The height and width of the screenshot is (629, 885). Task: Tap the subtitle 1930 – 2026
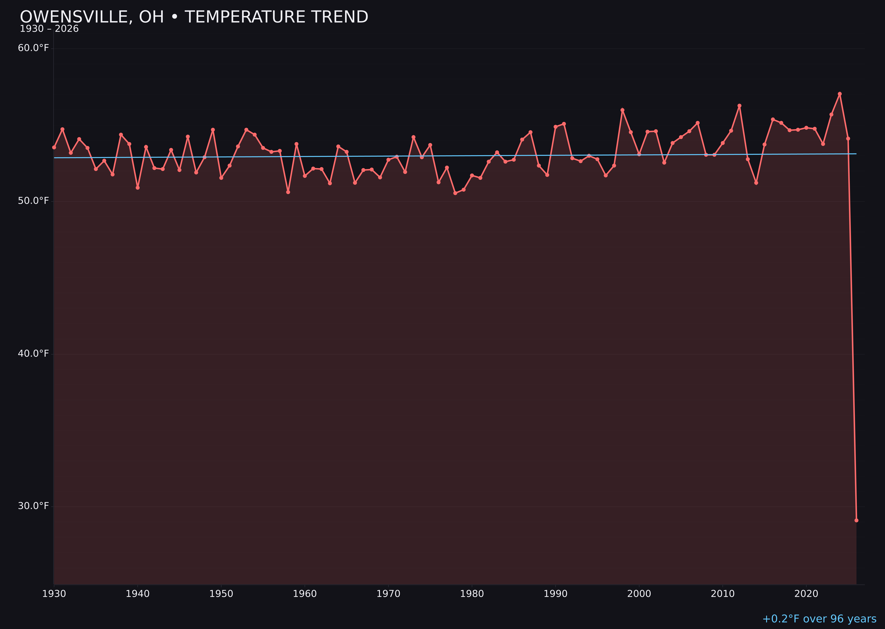49,29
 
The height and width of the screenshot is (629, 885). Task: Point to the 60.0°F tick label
33,48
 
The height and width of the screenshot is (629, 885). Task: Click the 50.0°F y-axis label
33,201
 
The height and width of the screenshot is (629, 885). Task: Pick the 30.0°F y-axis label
33,506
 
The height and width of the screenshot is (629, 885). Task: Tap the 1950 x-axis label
221,594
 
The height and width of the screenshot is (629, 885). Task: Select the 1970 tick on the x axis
388,594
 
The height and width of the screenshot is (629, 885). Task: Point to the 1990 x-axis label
555,594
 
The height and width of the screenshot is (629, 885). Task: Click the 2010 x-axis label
723,594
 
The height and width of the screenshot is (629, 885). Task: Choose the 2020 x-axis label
806,594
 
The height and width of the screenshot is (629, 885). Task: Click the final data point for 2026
856,520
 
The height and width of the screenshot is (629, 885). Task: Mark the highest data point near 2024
840,94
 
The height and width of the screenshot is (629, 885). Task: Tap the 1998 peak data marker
622,110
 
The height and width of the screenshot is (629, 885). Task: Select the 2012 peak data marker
739,105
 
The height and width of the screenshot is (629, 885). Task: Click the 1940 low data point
138,188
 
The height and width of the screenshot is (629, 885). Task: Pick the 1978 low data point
455,193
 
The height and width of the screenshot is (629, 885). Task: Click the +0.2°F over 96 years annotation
819,619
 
